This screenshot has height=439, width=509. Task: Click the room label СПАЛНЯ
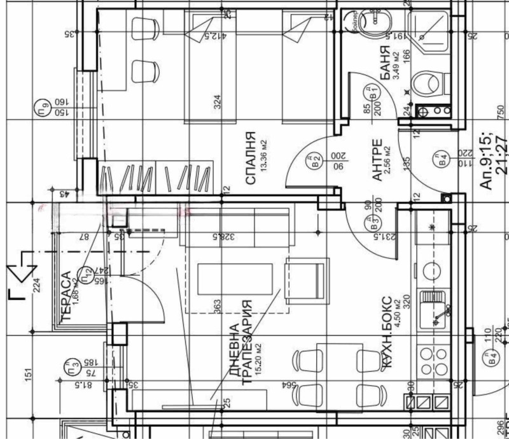coord(251,159)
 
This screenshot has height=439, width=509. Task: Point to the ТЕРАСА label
coord(65,293)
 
